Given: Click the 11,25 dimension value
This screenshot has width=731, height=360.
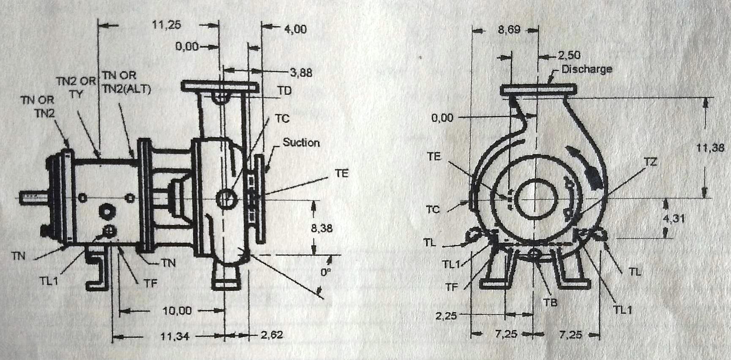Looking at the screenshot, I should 166,25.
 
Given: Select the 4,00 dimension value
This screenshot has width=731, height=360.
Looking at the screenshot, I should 295,29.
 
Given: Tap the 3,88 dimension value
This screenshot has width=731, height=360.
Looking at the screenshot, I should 301,73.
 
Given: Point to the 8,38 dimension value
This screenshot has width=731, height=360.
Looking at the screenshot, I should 322,229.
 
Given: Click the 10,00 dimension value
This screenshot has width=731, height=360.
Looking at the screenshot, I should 177,311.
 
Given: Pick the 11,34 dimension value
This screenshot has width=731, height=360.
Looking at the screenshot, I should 175,337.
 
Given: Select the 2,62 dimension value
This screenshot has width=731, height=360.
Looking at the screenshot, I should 272,335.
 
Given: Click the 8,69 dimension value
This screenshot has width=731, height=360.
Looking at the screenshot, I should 509,30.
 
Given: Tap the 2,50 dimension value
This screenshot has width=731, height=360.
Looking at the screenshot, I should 569,55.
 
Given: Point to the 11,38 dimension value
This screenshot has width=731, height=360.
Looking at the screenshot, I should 710,148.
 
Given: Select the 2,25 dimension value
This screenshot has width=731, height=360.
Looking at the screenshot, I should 446,315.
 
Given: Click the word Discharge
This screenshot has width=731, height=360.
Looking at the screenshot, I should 586,69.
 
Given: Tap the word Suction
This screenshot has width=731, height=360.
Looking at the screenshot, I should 301,142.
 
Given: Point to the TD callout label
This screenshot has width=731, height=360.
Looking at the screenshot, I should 284,91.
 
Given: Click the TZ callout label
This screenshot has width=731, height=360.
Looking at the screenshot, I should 651,162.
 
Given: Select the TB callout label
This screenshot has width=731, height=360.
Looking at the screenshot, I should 550,302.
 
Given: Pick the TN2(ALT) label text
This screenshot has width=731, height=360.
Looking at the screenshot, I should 126,90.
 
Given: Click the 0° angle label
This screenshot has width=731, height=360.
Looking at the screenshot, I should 325,273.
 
